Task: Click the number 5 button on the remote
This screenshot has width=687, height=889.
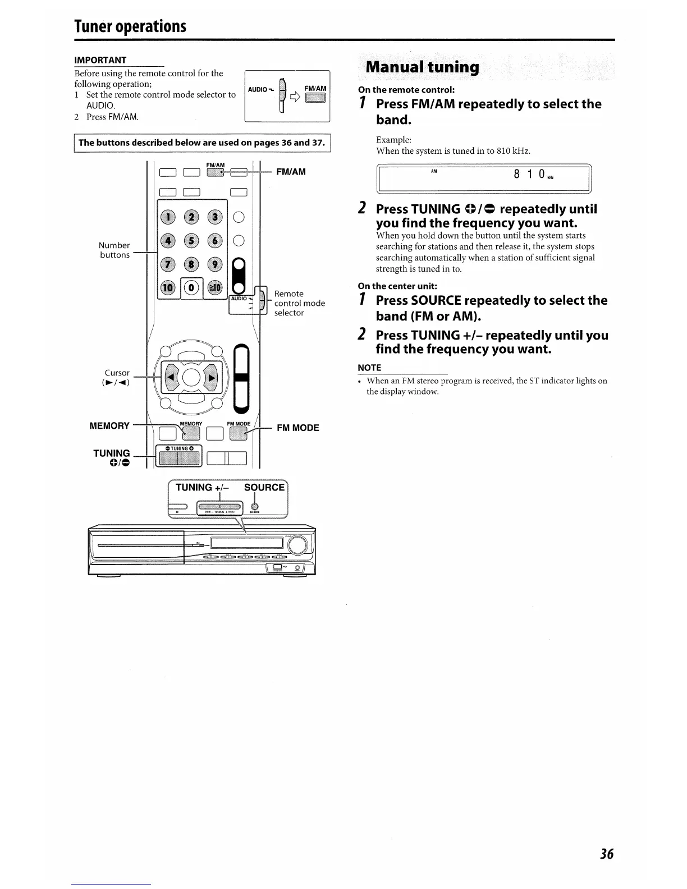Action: pyautogui.click(x=191, y=241)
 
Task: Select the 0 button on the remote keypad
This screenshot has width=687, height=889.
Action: pyautogui.click(x=191, y=288)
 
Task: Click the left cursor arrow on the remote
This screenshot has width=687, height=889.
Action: pyautogui.click(x=171, y=377)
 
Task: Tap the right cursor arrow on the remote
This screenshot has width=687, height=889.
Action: pyautogui.click(x=212, y=377)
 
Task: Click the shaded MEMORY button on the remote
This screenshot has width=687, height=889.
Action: pyautogui.click(x=191, y=433)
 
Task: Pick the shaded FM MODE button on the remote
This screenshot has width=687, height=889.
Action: pyautogui.click(x=238, y=433)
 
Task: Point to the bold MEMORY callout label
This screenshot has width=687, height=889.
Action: pyautogui.click(x=109, y=425)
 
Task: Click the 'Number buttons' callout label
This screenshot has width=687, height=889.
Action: pyautogui.click(x=114, y=250)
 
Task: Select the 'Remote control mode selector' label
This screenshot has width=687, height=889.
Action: pyautogui.click(x=299, y=303)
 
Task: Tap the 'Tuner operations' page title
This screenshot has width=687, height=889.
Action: pyautogui.click(x=130, y=26)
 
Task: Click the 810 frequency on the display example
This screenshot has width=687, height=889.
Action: pyautogui.click(x=529, y=174)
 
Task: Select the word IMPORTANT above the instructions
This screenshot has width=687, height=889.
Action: pyautogui.click(x=100, y=60)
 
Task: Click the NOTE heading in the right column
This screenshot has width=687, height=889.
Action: pyautogui.click(x=369, y=368)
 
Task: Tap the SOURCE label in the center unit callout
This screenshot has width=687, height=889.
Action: pyautogui.click(x=264, y=487)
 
